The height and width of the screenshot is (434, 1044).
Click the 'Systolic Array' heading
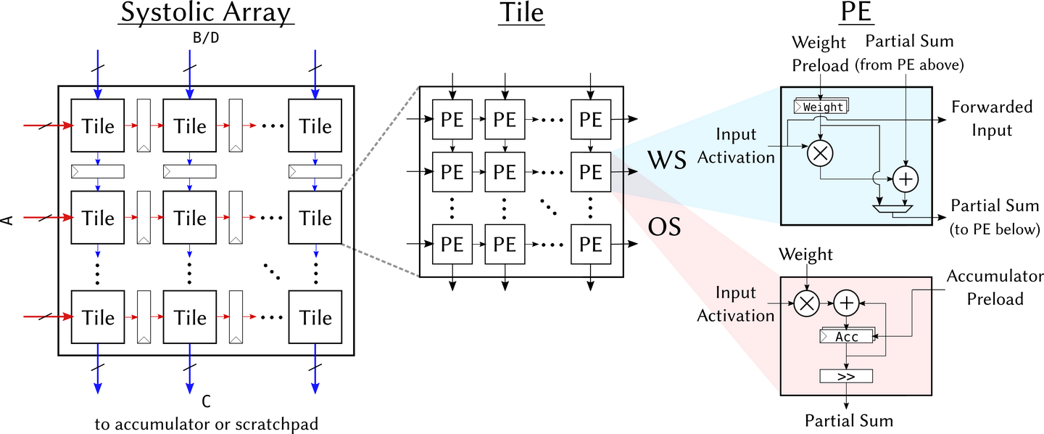(206, 13)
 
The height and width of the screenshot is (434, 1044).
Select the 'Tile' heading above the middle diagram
(521, 12)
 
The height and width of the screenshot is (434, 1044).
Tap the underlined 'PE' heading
(856, 12)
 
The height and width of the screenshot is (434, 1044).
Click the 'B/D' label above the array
(206, 38)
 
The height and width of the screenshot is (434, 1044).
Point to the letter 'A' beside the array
(8, 220)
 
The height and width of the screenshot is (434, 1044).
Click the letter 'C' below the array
(206, 401)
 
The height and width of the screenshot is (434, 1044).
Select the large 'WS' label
(667, 160)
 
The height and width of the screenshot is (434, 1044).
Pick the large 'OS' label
(664, 227)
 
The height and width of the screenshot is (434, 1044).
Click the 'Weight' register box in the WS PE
(821, 107)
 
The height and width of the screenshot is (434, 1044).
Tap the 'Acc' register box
(846, 337)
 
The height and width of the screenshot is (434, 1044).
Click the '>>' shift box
(846, 376)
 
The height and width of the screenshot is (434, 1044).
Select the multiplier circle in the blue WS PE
(820, 153)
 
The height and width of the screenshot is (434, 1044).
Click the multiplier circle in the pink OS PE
(806, 303)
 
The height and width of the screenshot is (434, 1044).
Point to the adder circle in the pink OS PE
(846, 303)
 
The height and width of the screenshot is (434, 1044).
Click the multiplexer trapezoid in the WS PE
(892, 209)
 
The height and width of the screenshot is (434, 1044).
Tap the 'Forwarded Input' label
(992, 118)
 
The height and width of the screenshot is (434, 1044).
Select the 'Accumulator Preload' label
(995, 287)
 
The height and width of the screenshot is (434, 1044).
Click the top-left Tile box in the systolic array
(97, 126)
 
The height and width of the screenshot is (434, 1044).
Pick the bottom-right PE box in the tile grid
(590, 244)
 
